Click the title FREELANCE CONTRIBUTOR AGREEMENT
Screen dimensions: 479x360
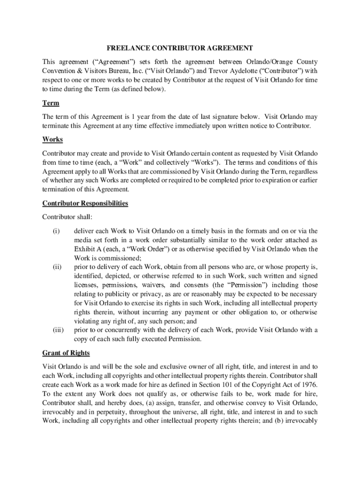(x=180, y=48)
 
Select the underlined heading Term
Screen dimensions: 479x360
(x=50, y=103)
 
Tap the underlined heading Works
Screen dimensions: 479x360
(x=52, y=139)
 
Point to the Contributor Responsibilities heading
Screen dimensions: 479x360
(x=85, y=203)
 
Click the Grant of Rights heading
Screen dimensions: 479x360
(x=66, y=353)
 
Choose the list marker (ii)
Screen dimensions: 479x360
(x=57, y=267)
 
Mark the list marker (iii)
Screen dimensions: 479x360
(x=58, y=330)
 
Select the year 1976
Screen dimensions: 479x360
(x=308, y=385)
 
